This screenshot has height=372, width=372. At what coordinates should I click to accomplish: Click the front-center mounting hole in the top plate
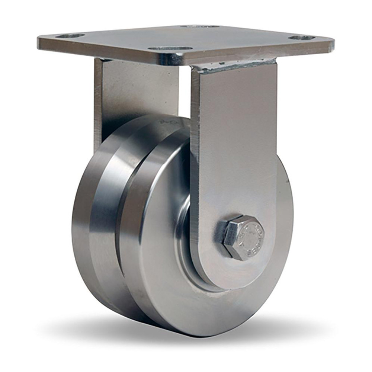(170, 48)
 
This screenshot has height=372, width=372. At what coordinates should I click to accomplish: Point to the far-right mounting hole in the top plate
(301, 38)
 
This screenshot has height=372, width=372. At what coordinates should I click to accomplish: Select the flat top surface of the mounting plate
(186, 37)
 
